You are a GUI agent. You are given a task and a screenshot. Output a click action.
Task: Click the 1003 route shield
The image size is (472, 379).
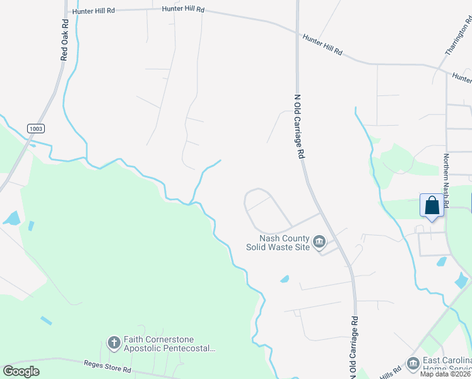(36, 129)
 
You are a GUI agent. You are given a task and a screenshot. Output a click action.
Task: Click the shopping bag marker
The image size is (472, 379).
(432, 207)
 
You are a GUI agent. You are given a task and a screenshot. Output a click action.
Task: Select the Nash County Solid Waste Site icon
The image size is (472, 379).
(319, 241)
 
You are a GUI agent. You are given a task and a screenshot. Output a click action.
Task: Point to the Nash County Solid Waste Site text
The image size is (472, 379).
(278, 243)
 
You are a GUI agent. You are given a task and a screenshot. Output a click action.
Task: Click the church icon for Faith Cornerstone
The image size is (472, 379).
(114, 343)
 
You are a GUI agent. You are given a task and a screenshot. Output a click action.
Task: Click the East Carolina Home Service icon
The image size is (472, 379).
(413, 364)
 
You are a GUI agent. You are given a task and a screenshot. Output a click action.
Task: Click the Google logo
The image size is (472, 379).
(21, 371)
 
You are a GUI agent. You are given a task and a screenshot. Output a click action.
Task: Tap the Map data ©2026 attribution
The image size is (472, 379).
(445, 374)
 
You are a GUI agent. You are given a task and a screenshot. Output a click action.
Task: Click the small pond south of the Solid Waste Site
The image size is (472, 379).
(285, 279)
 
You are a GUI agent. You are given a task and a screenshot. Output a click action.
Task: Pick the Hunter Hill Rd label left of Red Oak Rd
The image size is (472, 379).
(93, 11)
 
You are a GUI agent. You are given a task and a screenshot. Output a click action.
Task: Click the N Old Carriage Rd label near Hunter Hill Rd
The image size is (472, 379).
(300, 126)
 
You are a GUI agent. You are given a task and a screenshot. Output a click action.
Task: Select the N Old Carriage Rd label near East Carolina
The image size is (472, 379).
(353, 347)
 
